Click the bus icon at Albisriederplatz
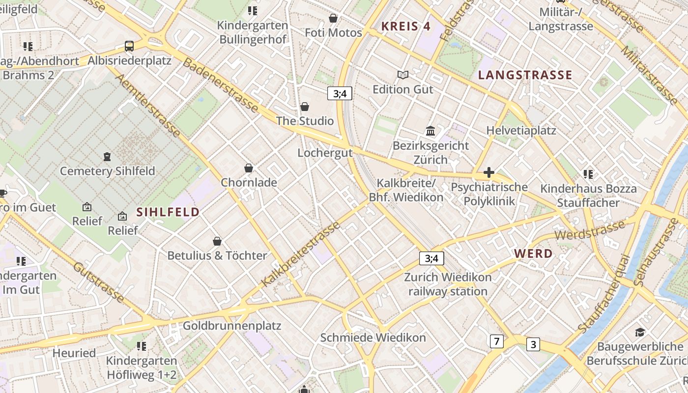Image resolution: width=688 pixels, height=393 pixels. click(x=129, y=46)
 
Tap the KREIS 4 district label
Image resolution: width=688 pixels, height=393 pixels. click(x=406, y=27)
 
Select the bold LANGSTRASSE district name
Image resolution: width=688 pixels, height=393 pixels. click(x=525, y=75)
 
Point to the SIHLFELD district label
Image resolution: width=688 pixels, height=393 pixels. click(x=168, y=212)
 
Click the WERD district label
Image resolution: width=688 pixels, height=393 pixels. click(x=533, y=254)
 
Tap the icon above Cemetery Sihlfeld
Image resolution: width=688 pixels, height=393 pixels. click(x=107, y=157)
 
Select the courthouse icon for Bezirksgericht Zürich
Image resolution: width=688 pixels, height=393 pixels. click(x=430, y=131)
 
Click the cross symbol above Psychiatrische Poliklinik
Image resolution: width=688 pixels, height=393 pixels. click(x=488, y=172)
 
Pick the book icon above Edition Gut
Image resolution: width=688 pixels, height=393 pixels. click(x=403, y=75)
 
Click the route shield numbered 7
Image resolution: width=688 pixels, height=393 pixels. click(x=497, y=341)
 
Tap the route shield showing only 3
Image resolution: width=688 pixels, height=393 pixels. click(x=533, y=344)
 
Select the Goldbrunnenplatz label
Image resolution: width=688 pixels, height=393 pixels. click(x=232, y=326)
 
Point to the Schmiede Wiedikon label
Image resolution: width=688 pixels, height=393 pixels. click(x=373, y=337)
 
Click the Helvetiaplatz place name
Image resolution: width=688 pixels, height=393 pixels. click(x=521, y=130)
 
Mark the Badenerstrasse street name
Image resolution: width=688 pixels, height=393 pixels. click(x=221, y=85)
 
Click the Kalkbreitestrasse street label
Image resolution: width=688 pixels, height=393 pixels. click(x=301, y=254)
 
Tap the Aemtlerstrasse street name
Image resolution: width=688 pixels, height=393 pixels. click(x=147, y=106)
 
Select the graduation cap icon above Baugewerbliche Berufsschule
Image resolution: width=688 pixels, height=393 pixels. click(x=639, y=332)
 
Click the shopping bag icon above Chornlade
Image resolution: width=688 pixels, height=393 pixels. click(x=249, y=168)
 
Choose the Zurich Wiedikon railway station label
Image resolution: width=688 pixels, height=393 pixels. click(x=448, y=284)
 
